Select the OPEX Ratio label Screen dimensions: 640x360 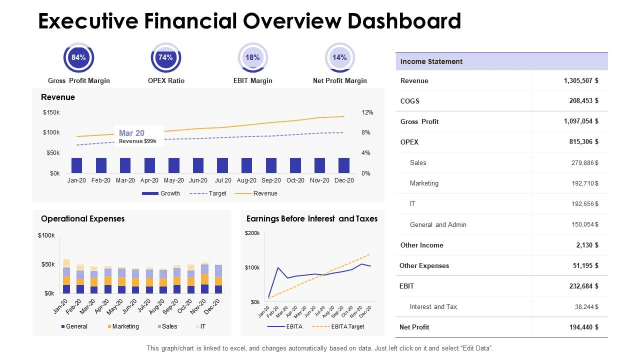point(166,80)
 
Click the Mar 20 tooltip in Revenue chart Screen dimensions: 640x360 point(139,136)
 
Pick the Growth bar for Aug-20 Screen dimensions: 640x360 point(246,165)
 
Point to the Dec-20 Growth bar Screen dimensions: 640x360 point(344,165)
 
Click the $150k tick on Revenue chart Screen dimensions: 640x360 point(51,112)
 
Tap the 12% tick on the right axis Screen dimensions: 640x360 point(367,112)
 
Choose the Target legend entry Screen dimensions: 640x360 point(207,193)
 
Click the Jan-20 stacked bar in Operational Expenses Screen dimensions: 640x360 point(66,276)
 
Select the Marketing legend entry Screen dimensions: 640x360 point(123,326)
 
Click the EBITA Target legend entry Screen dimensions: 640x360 point(338,326)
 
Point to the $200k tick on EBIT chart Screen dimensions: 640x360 point(252,233)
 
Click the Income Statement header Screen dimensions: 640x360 point(431,61)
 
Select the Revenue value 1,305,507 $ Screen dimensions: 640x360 point(581,80)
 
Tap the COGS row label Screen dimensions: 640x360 point(409,101)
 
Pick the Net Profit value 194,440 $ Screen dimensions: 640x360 point(584,327)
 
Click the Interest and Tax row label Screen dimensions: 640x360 point(433,306)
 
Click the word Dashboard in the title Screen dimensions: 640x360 point(404,21)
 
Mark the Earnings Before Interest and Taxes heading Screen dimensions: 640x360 point(312,218)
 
